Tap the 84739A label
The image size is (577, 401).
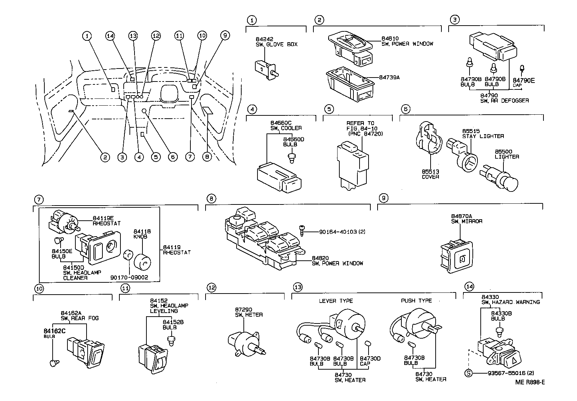tap(389, 77)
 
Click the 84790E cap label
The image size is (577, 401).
tap(524, 80)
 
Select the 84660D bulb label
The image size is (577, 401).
tap(290, 141)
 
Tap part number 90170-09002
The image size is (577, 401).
tap(129, 278)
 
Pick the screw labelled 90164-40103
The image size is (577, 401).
tap(302, 230)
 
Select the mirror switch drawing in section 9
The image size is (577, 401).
tap(457, 257)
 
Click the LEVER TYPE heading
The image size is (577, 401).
tap(336, 301)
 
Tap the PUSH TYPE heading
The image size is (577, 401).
tap(416, 300)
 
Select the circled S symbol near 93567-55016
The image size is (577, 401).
tap(468, 373)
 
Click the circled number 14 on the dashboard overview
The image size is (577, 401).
tap(110, 35)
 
